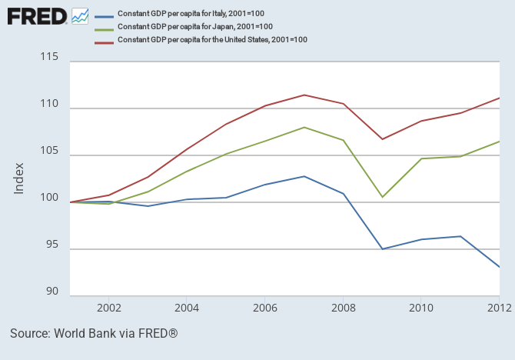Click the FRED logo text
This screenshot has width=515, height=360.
[36, 15]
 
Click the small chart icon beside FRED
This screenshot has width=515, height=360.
[79, 15]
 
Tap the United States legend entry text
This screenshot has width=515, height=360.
[212, 39]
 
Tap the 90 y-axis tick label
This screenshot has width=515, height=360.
[52, 292]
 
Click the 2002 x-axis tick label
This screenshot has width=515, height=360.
[108, 306]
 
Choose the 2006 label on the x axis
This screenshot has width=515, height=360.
[265, 306]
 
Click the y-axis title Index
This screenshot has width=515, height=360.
[20, 178]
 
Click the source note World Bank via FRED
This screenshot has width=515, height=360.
[94, 334]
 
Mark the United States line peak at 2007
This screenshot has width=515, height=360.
[304, 95]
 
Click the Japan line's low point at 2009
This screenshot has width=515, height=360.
[383, 197]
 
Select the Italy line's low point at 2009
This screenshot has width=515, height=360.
[383, 249]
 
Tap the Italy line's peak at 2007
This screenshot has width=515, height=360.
[304, 176]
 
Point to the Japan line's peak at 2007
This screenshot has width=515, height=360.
[304, 127]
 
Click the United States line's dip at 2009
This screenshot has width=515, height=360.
[383, 139]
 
